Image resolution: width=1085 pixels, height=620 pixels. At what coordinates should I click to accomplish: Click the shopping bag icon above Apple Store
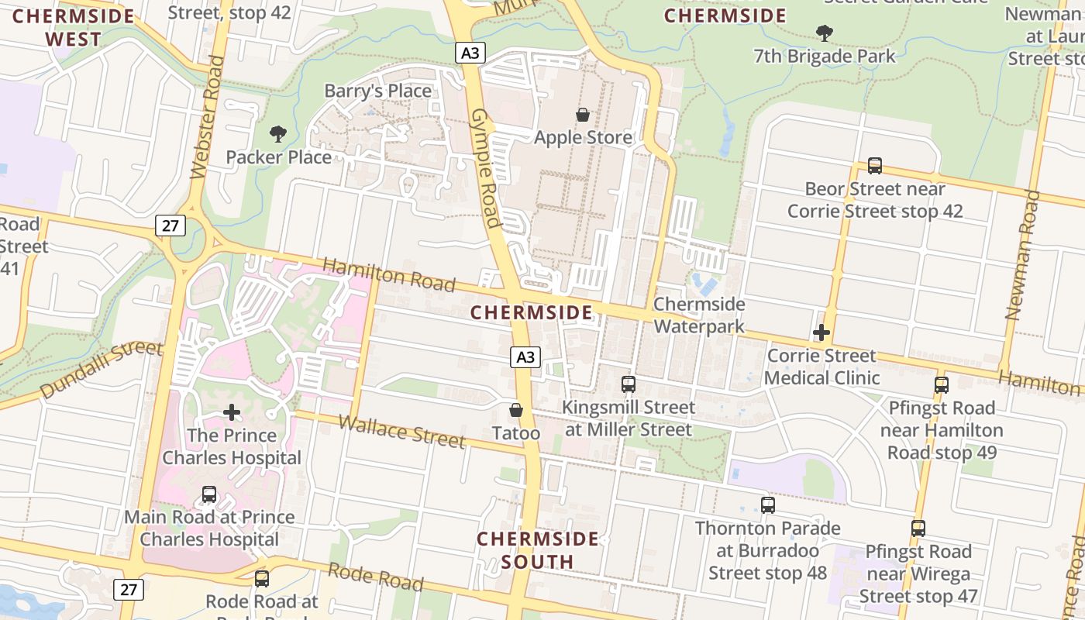[583, 115]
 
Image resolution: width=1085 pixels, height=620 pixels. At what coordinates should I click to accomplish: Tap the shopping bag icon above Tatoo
[516, 410]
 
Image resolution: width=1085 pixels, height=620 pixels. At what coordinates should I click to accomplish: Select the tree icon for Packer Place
[278, 134]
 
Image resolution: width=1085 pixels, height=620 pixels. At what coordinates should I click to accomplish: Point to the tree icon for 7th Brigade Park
[825, 33]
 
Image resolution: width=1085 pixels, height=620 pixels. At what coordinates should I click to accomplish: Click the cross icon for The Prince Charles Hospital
[231, 412]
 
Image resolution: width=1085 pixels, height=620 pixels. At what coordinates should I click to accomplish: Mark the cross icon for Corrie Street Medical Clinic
[821, 333]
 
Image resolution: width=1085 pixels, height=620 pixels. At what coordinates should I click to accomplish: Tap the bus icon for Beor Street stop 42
[875, 166]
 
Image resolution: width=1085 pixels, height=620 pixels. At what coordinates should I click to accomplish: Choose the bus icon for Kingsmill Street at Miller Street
[629, 384]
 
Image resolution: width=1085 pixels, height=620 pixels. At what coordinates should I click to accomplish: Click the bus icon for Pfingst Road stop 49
[942, 385]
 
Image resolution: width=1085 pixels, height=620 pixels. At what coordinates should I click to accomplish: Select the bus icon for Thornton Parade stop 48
[768, 505]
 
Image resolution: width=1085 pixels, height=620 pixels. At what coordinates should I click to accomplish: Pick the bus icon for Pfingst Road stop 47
[918, 529]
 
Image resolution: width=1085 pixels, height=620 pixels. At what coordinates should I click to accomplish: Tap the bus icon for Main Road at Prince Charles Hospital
[209, 494]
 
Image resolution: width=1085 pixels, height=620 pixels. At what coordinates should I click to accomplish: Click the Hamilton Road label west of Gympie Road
[389, 275]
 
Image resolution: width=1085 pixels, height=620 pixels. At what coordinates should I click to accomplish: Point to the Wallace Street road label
[402, 432]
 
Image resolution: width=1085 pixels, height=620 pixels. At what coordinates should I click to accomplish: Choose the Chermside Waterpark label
[699, 315]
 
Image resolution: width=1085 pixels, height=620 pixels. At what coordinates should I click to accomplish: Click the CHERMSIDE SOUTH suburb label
[538, 549]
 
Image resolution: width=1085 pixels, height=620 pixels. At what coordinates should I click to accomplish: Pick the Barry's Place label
[377, 91]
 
